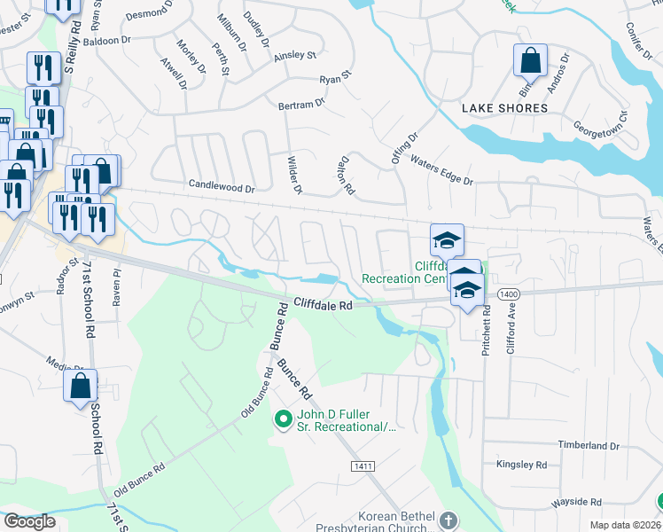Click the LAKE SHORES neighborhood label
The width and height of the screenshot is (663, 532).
click(x=504, y=108)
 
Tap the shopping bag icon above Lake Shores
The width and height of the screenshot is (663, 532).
click(x=530, y=62)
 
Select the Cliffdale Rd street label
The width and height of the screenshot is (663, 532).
click(x=324, y=304)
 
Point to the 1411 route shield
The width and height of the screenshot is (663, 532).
click(x=362, y=466)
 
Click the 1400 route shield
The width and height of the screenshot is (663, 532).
click(x=508, y=293)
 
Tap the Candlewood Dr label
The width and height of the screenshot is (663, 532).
click(x=221, y=188)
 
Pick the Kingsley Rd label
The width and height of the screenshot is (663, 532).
click(x=522, y=465)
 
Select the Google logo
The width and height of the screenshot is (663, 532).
click(x=29, y=520)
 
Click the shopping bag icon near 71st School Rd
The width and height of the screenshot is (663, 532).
click(x=81, y=387)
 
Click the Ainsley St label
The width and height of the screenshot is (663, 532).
click(x=295, y=55)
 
